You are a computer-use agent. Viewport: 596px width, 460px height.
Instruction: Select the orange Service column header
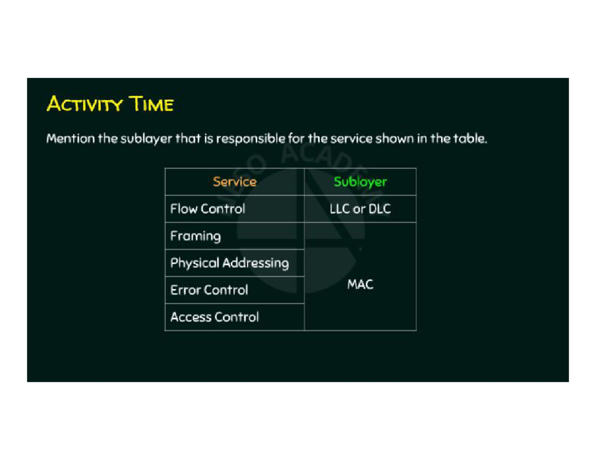click(x=234, y=182)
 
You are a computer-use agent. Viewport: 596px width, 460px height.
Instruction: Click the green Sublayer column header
click(x=360, y=182)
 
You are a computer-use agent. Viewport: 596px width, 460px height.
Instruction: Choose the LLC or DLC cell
click(x=360, y=209)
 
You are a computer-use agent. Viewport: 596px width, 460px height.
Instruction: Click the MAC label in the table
click(x=360, y=285)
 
